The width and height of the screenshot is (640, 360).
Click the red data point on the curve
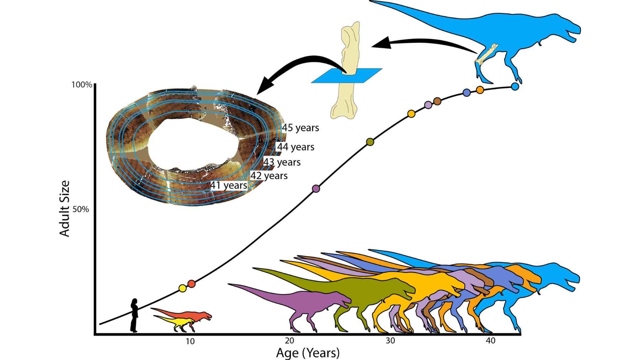[191, 284]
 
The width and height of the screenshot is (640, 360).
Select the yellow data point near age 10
[182, 288]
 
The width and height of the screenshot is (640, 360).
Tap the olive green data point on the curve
[370, 142]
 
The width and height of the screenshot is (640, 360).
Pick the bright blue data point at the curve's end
[514, 86]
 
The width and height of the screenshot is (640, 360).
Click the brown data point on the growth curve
[437, 101]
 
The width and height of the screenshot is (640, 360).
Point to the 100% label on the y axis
[82, 85]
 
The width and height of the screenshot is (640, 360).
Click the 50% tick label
[81, 209]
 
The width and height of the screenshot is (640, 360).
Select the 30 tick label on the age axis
[390, 341]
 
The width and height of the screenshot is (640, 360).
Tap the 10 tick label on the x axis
[190, 341]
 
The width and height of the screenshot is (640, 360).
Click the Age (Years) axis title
[308, 353]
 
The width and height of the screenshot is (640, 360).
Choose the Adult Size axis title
[65, 208]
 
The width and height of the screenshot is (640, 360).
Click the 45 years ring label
[300, 128]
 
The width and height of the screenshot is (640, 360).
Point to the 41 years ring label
[229, 185]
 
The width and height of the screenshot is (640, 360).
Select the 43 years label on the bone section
[282, 162]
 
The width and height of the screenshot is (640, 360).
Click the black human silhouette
[134, 315]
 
